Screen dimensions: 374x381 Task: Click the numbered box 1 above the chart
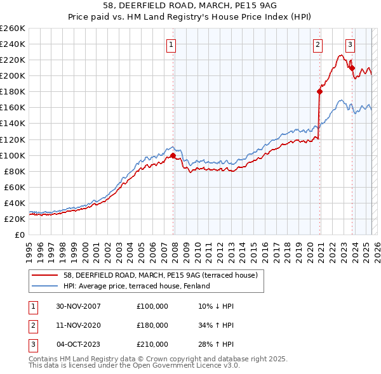pyautogui.click(x=172, y=44)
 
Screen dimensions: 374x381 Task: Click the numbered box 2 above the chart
pyautogui.click(x=317, y=44)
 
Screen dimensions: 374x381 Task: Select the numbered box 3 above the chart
pyautogui.click(x=350, y=44)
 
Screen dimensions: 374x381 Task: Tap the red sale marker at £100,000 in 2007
pyautogui.click(x=173, y=155)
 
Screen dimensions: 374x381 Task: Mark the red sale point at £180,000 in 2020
pyautogui.click(x=319, y=91)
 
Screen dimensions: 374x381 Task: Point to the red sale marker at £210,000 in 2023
pyautogui.click(x=352, y=67)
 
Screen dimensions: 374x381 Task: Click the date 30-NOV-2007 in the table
pyautogui.click(x=79, y=306)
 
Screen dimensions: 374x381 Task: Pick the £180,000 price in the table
pyautogui.click(x=152, y=325)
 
